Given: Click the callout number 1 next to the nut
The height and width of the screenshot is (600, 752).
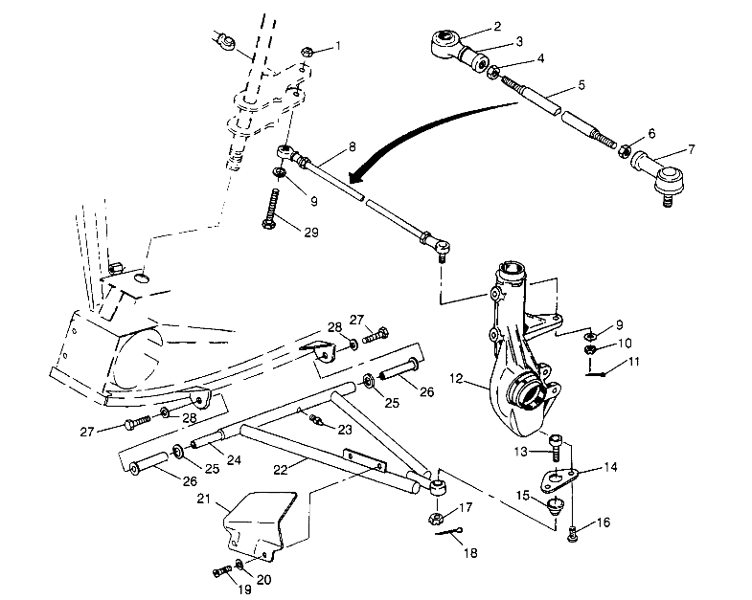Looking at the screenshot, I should click(336, 46).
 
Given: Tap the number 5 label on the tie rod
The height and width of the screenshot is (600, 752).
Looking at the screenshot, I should click(581, 85).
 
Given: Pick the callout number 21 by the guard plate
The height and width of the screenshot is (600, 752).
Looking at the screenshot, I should click(203, 498).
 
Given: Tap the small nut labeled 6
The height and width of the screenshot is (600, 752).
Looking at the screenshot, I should click(624, 151).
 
